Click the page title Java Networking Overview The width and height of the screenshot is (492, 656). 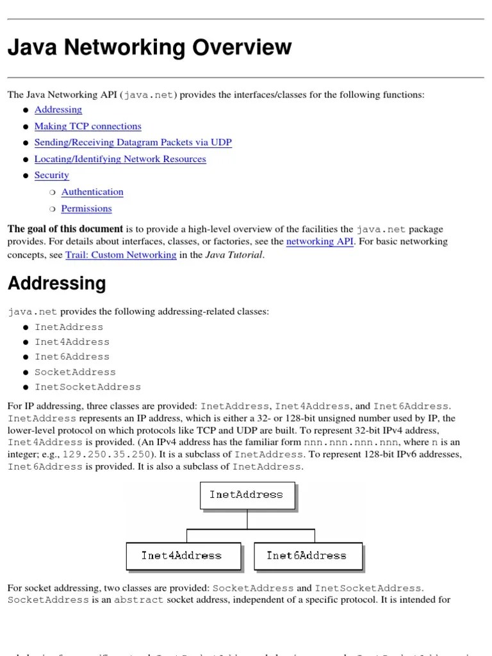pos(149,47)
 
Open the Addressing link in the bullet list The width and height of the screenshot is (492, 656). pos(58,110)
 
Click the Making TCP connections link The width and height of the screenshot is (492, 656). pos(88,126)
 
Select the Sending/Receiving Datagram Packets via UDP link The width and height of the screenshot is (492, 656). pos(133,142)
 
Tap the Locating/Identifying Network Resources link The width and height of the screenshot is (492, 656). pos(120,159)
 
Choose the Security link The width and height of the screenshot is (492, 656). pos(51,175)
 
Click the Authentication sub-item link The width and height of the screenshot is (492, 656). pos(92,192)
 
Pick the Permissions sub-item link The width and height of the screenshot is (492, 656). pos(86,208)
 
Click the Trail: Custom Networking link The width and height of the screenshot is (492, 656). pos(120,254)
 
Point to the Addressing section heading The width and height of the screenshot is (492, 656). pos(56,283)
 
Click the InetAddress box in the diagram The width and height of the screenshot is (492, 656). pos(246,495)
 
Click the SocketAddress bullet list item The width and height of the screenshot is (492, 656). pos(75,372)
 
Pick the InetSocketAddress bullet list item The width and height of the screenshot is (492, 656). pos(88,387)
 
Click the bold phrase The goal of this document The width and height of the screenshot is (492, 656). pos(65,229)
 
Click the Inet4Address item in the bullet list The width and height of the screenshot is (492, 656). pos(72,341)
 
